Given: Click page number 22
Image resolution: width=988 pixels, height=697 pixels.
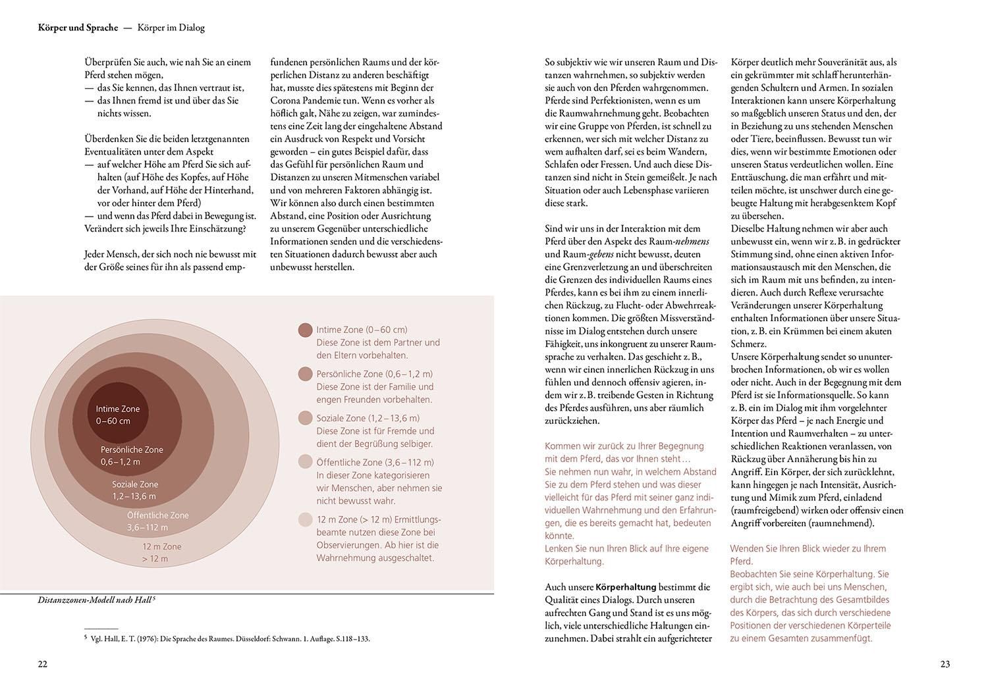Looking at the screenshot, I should pos(42,664).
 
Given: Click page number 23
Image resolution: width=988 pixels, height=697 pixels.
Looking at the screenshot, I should pos(945,664).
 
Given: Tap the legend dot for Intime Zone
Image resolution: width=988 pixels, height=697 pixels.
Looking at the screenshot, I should pos(305,330).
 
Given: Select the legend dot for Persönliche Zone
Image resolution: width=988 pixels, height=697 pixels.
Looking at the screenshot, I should pos(305,374).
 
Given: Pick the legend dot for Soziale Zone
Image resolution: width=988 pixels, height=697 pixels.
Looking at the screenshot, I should pos(305,419).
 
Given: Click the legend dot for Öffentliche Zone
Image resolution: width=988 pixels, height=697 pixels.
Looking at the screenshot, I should pos(305,462).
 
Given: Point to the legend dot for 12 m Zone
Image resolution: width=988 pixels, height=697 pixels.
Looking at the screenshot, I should pos(305,519).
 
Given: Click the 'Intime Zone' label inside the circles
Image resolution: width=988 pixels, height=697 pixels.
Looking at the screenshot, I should pos(118,409).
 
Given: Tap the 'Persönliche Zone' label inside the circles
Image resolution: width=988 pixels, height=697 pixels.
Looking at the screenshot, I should pos(132,450).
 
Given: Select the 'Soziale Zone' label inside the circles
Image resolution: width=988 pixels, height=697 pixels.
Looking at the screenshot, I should pos(135,484).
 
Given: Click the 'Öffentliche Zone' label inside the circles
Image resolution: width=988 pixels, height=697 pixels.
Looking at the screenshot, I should pos(158,515).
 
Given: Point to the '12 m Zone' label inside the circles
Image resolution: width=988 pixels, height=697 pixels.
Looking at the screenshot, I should pos(162,546).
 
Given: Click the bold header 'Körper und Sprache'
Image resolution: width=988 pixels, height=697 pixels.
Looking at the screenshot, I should pos(78,28).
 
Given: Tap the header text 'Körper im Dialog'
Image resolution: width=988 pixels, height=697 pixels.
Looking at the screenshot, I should pos(171,28).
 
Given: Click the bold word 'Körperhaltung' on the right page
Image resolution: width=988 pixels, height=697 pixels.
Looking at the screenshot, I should pos(626,587).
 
